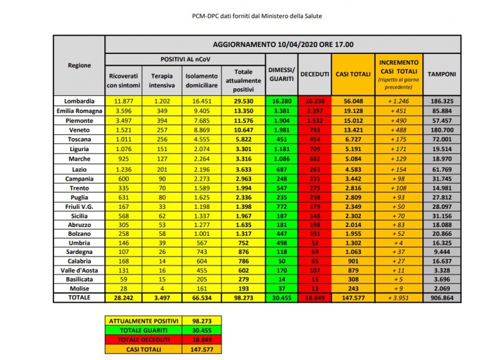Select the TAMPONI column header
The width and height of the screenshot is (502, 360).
pos(442,74)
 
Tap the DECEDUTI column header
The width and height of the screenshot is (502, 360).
pos(314,74)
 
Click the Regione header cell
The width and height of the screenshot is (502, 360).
pos(79,65)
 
